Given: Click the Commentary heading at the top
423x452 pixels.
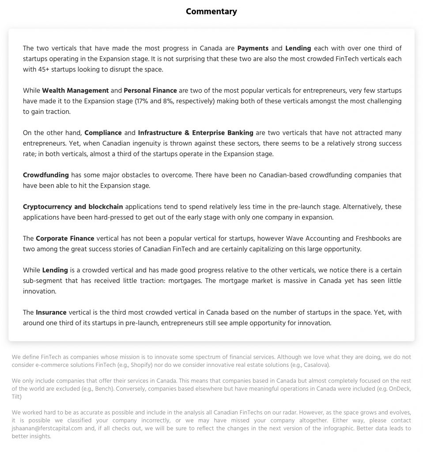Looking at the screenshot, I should [x=211, y=11].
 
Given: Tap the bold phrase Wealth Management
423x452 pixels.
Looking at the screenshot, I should [x=75, y=90].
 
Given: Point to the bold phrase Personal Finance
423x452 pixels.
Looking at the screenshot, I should [x=150, y=90].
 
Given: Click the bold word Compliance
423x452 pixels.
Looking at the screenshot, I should [x=103, y=133].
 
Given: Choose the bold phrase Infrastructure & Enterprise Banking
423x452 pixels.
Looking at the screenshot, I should [x=196, y=133].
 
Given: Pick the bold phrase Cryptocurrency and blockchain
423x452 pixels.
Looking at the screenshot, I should [x=73, y=207].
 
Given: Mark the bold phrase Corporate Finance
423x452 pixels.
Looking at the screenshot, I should [x=65, y=238].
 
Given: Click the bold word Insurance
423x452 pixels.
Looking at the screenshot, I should [x=51, y=313].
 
